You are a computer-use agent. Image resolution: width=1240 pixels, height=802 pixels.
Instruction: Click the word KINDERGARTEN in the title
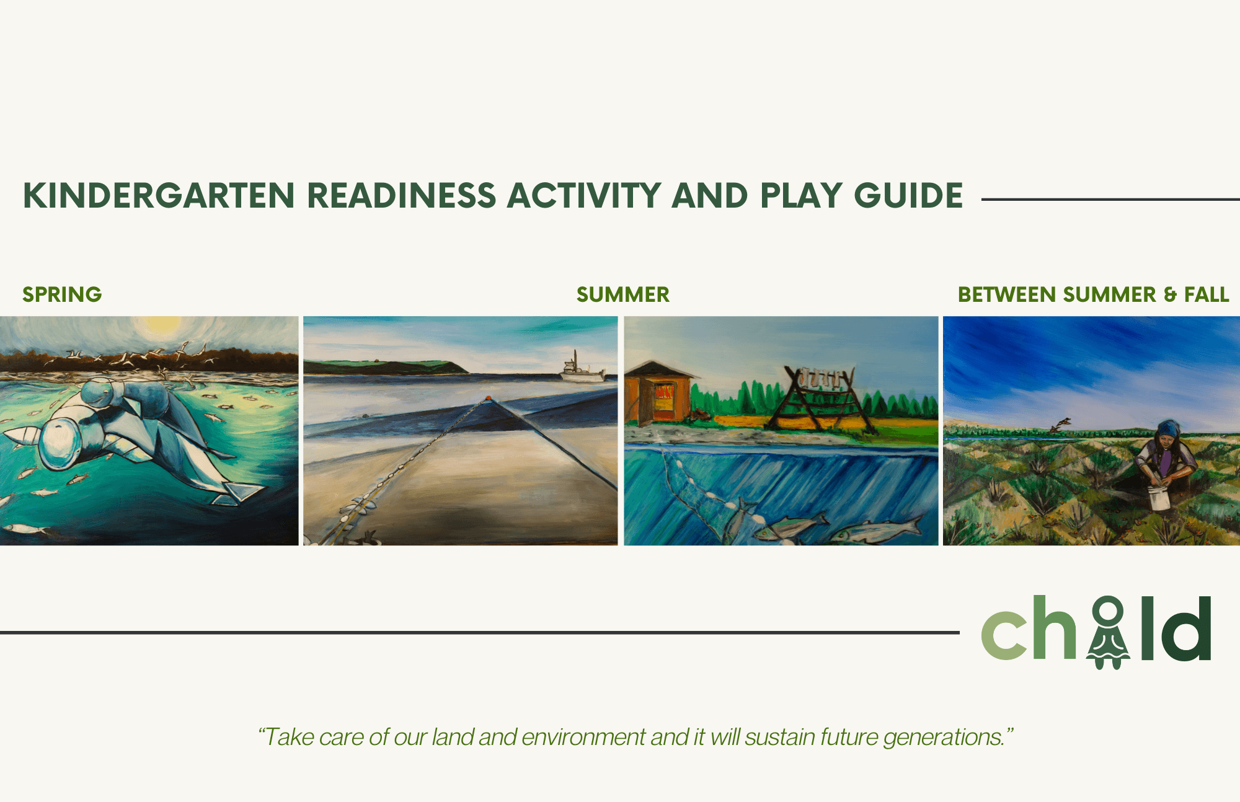(x=159, y=196)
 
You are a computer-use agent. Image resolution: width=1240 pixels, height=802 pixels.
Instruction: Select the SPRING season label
(x=62, y=294)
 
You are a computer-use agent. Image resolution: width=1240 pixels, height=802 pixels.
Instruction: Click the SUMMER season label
(x=623, y=294)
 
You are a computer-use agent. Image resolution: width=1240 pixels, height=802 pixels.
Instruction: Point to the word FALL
(x=1207, y=294)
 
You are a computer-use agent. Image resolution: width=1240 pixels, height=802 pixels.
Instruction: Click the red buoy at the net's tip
(x=489, y=399)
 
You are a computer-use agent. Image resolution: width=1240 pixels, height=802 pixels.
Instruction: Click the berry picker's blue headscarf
(x=1169, y=428)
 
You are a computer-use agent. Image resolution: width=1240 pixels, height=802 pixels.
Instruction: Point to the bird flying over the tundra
(x=1061, y=425)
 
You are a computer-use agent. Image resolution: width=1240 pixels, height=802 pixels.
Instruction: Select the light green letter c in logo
(x=1004, y=635)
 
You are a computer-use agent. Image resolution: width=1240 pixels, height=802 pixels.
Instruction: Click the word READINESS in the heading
(x=402, y=196)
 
